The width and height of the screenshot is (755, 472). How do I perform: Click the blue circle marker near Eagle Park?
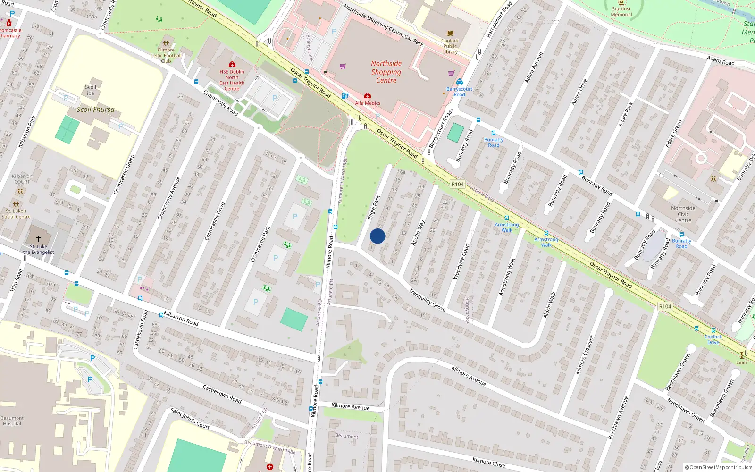[x=377, y=236]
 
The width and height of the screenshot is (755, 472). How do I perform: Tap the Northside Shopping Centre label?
[x=386, y=72]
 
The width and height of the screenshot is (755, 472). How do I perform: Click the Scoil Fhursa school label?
[x=95, y=109]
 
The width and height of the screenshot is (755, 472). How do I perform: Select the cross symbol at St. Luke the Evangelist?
[x=39, y=239]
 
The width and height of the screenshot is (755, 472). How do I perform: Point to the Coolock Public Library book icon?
[x=450, y=34]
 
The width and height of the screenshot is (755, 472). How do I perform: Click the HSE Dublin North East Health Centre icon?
[x=232, y=64]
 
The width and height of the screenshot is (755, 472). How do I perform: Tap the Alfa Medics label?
[x=368, y=103]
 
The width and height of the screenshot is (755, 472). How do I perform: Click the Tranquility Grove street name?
[x=428, y=300]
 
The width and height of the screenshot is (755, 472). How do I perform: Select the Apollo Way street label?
[x=418, y=233]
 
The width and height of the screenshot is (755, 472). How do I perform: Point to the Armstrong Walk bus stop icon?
[x=506, y=218]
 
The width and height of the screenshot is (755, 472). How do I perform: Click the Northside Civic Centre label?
[x=683, y=214]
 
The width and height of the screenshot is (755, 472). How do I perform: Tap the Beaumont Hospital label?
[x=12, y=421]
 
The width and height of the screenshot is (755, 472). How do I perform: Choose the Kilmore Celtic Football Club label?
[x=166, y=55]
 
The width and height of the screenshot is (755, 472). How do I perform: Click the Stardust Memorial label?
[x=621, y=11]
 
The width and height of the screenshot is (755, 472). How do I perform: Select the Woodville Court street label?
[x=461, y=261]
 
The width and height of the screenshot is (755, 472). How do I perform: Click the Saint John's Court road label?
[x=190, y=419]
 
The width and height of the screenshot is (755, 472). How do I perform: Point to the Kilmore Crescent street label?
[x=585, y=355]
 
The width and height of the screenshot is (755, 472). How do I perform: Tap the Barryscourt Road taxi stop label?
[x=459, y=92]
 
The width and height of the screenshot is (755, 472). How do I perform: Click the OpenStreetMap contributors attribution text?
[x=718, y=467]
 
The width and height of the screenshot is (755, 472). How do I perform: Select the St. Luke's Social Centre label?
[x=16, y=214]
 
